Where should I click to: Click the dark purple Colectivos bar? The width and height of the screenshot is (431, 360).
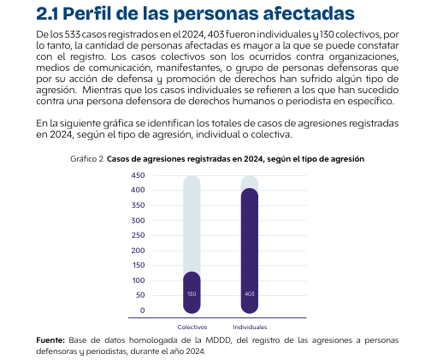pyautogui.click(x=192, y=292)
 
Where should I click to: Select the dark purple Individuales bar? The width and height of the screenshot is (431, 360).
pyautogui.click(x=250, y=251)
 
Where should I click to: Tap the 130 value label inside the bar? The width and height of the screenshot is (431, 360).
pyautogui.click(x=192, y=294)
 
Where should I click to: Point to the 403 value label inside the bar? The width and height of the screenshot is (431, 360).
pyautogui.click(x=250, y=294)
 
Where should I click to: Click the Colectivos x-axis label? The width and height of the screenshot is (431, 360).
pyautogui.click(x=192, y=327)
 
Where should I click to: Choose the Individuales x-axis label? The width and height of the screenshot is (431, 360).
pyautogui.click(x=250, y=327)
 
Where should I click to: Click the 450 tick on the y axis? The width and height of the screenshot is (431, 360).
pyautogui.click(x=138, y=175)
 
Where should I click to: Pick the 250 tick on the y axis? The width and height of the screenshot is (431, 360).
pyautogui.click(x=138, y=235)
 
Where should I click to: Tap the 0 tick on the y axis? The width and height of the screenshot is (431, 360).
pyautogui.click(x=143, y=310)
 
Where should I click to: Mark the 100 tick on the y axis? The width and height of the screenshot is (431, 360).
pyautogui.click(x=139, y=280)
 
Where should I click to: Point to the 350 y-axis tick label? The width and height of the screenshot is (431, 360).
pyautogui.click(x=138, y=205)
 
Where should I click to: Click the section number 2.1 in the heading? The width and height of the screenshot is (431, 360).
pyautogui.click(x=47, y=14)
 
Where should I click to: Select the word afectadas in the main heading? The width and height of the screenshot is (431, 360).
pyautogui.click(x=309, y=14)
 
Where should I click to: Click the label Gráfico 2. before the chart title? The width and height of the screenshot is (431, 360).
pyautogui.click(x=87, y=159)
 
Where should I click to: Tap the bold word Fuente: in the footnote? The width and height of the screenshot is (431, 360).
pyautogui.click(x=50, y=340)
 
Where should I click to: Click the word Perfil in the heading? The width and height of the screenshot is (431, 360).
pyautogui.click(x=86, y=14)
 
